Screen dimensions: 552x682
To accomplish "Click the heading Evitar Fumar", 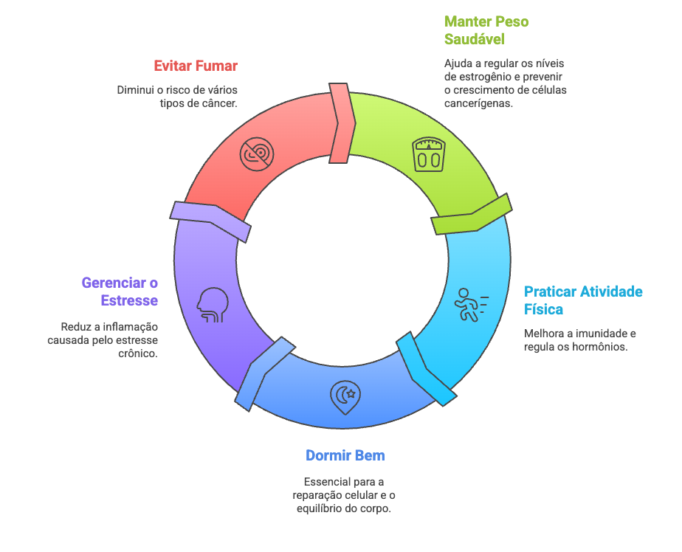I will pos(195,66).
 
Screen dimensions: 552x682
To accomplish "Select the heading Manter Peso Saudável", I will pos(486,30).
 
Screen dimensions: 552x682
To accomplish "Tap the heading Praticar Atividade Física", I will pos(583,300).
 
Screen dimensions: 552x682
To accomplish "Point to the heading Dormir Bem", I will pos(345,455).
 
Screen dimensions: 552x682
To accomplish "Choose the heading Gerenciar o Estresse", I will pos(120,291).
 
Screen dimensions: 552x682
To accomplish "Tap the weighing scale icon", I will pos(429,153).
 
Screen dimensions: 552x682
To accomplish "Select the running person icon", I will pos(469,304).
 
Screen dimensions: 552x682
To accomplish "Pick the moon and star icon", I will pos(345,397).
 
